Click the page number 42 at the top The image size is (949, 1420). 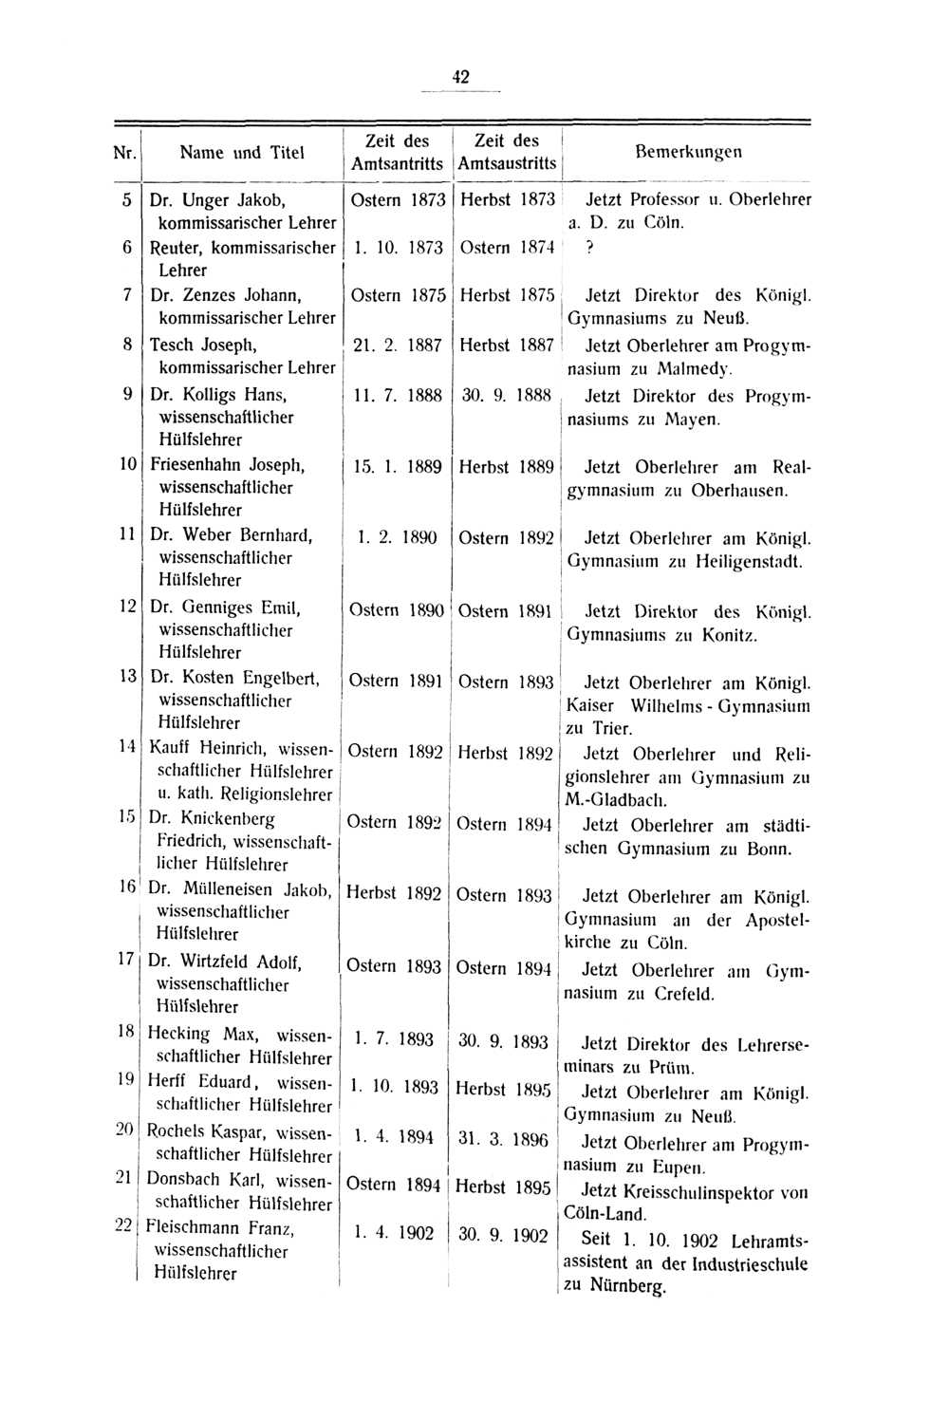point(461,77)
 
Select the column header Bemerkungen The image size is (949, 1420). point(688,151)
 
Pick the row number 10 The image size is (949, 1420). point(127,465)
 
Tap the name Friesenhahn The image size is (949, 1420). point(196,466)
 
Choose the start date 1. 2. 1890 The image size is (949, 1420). point(397,538)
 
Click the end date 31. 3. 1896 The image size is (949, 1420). point(503,1138)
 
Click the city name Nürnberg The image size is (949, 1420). point(627,1287)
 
